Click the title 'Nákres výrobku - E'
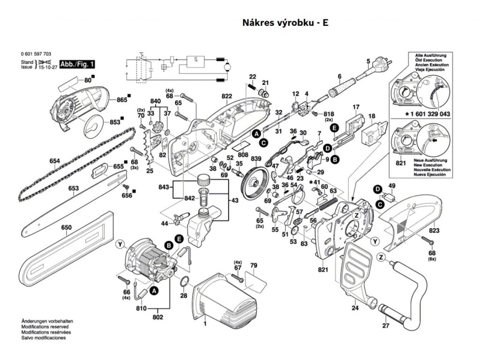point(285,22)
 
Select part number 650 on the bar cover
point(67,228)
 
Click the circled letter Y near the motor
point(121,243)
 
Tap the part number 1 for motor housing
point(204,323)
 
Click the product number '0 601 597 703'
point(36,54)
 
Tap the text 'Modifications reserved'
point(45,326)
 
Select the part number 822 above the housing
point(227,96)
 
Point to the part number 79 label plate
point(254,266)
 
